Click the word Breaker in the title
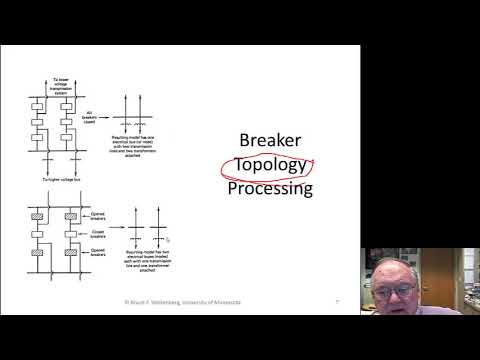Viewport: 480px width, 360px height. [269, 140]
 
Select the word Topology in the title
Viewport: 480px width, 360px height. [269, 163]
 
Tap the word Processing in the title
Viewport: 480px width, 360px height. [269, 187]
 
